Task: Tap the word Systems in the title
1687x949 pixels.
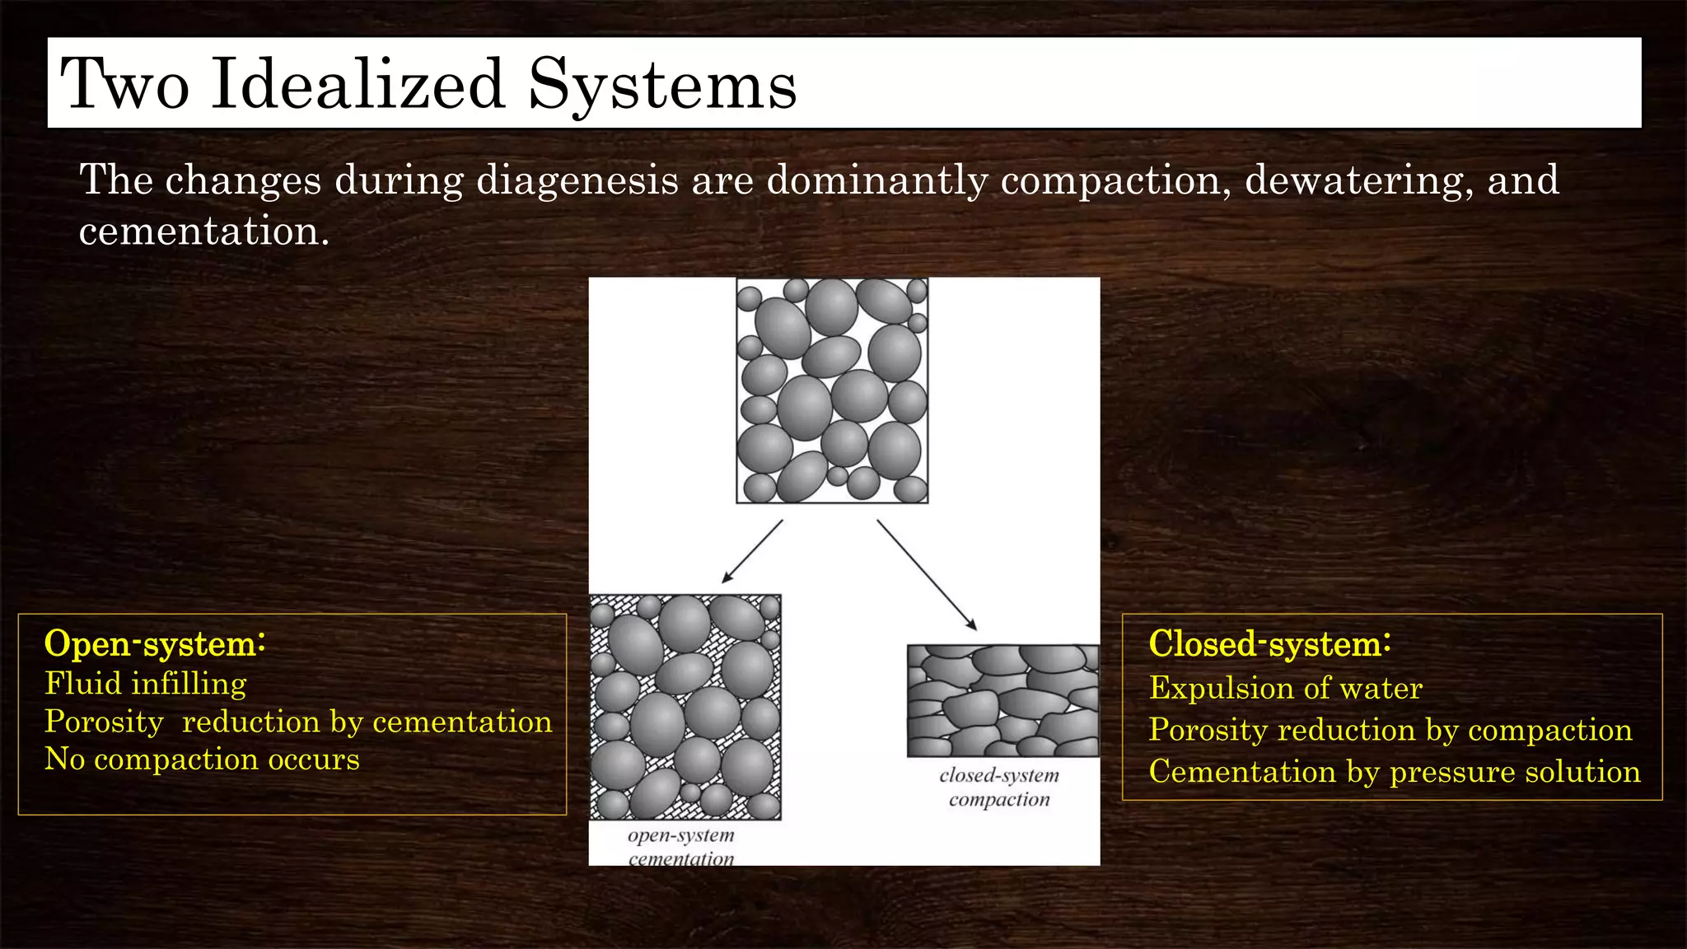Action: coord(661,84)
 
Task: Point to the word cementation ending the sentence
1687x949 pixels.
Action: coord(203,231)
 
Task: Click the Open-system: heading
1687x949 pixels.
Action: coord(155,643)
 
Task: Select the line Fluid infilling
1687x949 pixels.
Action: coord(146,684)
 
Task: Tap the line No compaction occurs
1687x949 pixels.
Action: coord(202,759)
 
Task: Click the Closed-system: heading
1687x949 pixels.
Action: coord(1269,643)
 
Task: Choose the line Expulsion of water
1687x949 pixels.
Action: coord(1285,688)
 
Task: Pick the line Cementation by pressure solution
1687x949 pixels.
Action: coord(1394,772)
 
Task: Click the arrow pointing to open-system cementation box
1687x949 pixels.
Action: coord(752,551)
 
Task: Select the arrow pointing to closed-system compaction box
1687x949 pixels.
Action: coord(927,575)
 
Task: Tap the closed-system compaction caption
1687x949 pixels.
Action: coord(999,787)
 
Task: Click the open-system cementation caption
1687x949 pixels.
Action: coord(680,846)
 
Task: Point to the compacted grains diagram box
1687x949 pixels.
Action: coord(1002,701)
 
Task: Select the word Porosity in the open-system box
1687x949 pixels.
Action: coord(104,722)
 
